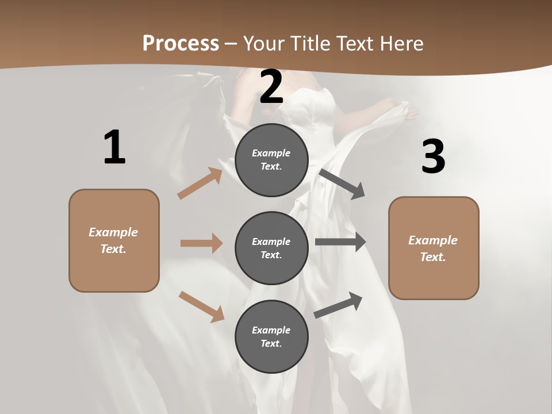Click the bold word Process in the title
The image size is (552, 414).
coord(181,43)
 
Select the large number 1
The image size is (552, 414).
coord(114,148)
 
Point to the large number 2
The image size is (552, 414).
coord(271,87)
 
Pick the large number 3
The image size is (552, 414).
coord(433,157)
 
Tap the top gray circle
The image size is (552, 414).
coord(271,160)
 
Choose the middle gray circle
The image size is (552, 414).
coord(271,248)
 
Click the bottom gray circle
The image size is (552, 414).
coord(271,336)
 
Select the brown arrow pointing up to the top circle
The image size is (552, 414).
coord(200,183)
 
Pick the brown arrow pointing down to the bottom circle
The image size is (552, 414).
coord(201,306)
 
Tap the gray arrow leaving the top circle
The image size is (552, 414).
coord(342,183)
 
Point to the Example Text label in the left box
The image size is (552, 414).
coord(113,240)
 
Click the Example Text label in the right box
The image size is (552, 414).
coord(433,248)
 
